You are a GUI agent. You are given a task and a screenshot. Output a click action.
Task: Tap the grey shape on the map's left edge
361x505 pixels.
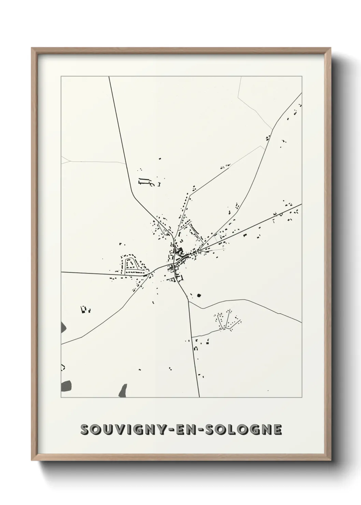click(63, 328)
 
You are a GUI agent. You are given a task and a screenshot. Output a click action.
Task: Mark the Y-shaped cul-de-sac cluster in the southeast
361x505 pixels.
click(226, 321)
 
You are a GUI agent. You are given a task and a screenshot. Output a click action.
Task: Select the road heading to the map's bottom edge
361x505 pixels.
click(194, 351)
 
